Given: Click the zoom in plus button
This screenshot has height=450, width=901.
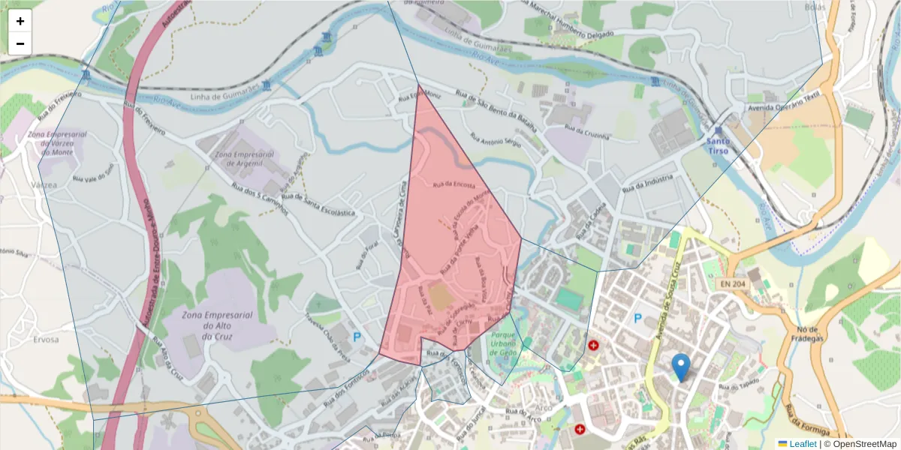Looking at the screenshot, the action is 20,21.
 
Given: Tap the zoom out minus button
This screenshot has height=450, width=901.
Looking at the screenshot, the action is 20,43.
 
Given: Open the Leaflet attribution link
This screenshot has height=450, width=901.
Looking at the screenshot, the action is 803,444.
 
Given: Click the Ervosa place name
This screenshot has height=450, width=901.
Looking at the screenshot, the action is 46,339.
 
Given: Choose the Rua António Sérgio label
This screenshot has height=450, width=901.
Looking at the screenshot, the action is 496,139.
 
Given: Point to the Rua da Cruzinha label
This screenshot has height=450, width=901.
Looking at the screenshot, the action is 587,133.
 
